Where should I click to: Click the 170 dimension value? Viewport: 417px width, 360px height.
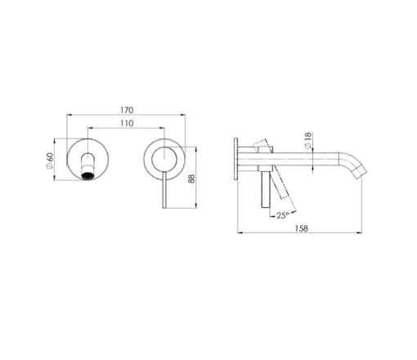(x=127, y=110)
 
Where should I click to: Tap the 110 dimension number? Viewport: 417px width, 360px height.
(x=127, y=124)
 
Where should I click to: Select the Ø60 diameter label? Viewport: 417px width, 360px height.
(x=50, y=160)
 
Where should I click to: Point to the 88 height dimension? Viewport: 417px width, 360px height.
(x=191, y=178)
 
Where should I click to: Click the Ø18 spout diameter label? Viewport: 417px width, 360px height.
(x=307, y=141)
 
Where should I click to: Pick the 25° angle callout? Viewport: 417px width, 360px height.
(x=283, y=215)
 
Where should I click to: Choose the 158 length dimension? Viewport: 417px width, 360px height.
(x=302, y=228)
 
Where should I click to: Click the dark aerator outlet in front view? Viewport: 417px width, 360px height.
(x=87, y=176)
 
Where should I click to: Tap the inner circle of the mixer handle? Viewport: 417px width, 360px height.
(x=164, y=160)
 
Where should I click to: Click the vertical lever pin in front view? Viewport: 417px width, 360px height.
(x=164, y=190)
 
